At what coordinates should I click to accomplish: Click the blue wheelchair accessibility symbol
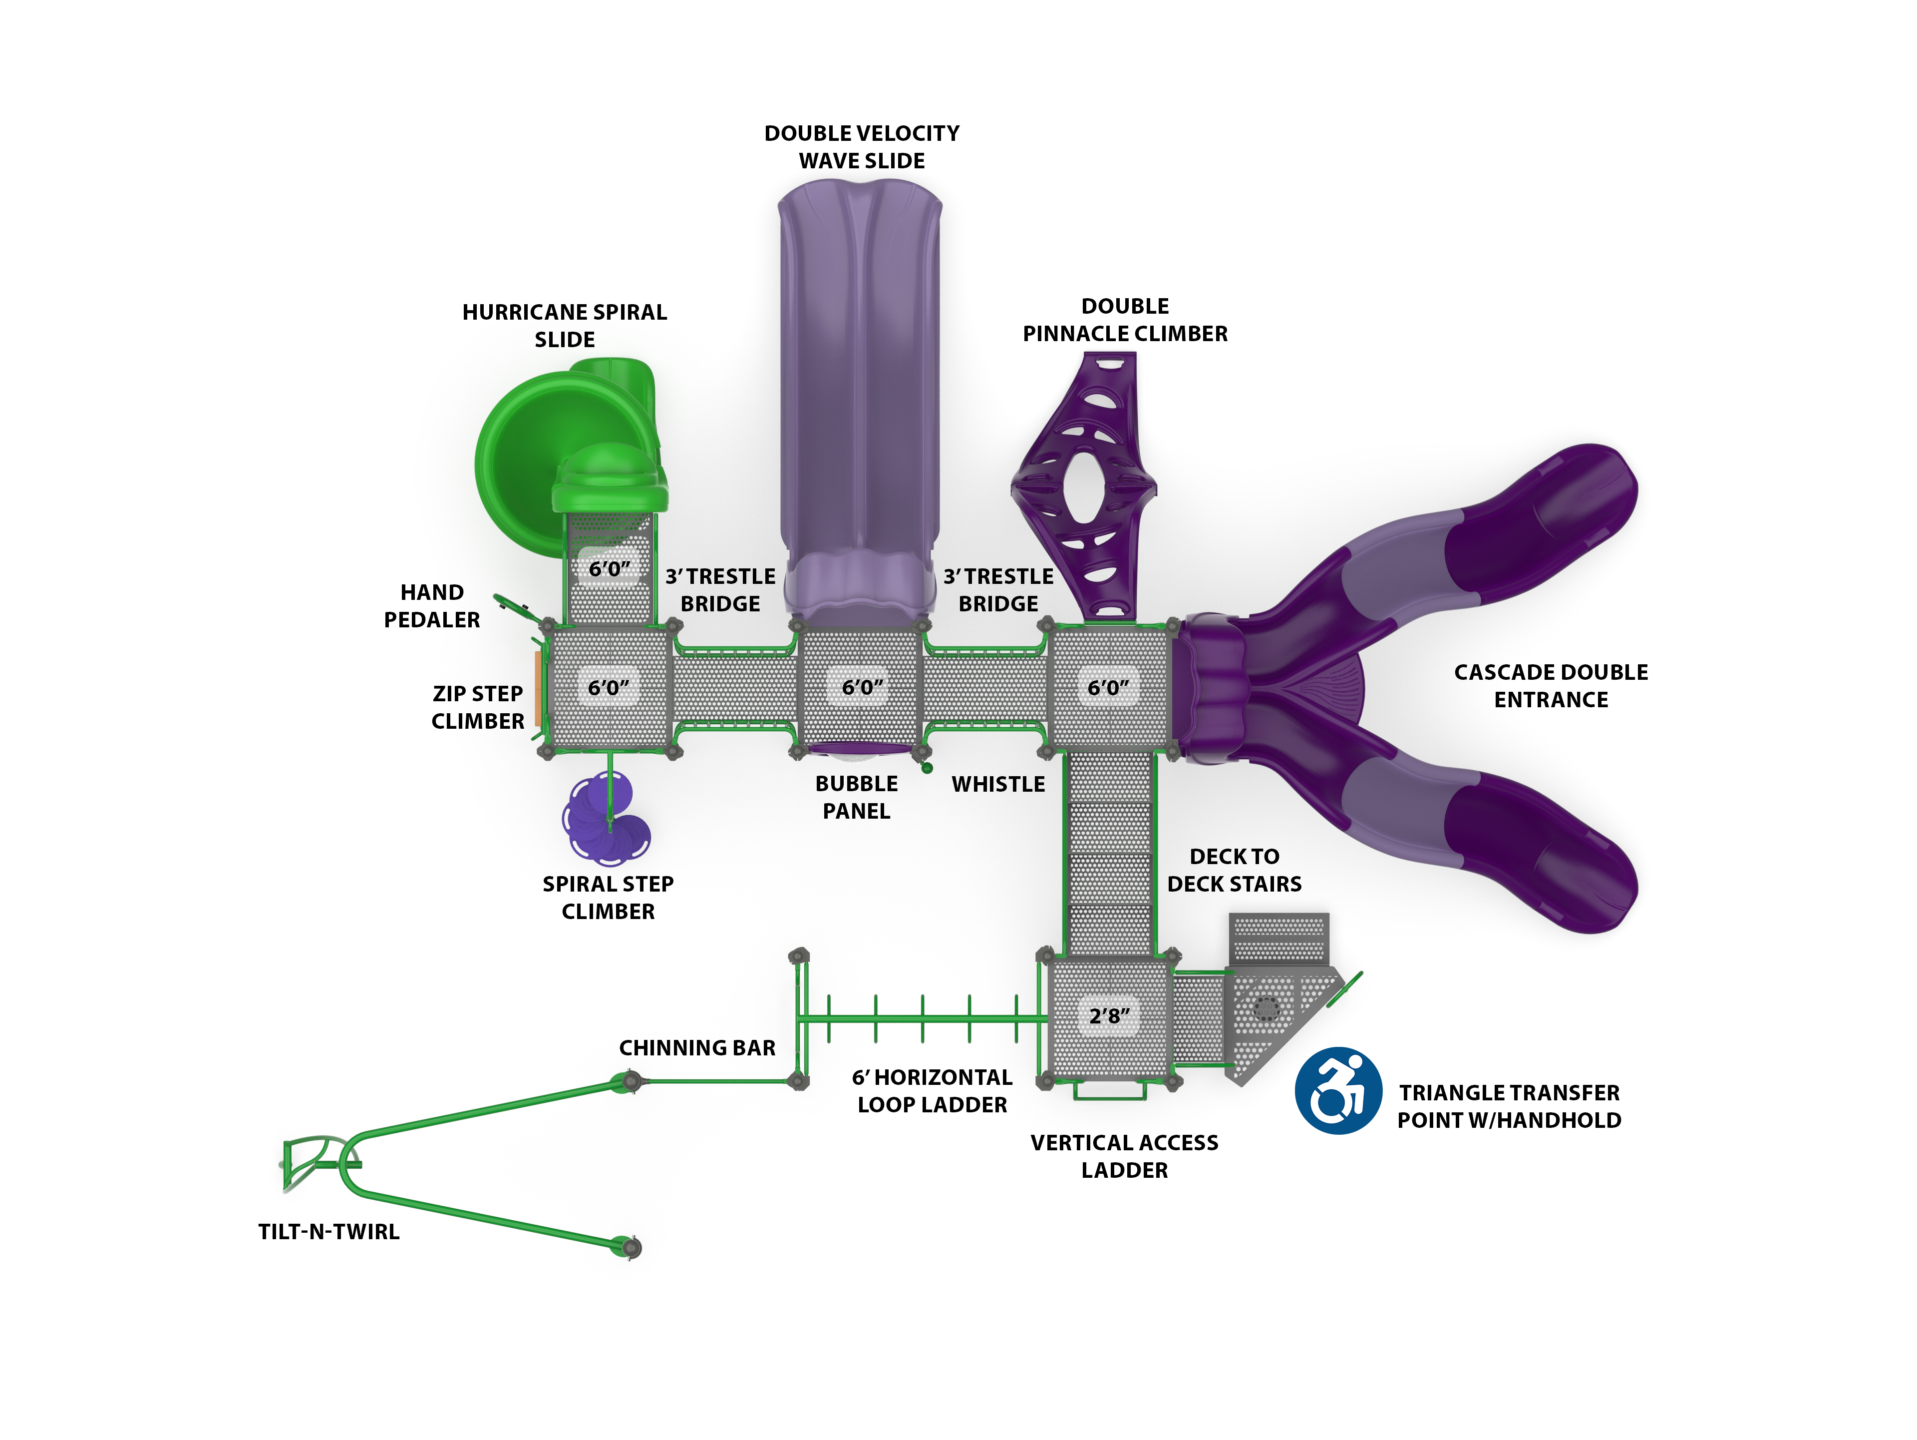pyautogui.click(x=1337, y=1091)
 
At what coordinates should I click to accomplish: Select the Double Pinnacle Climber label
pyautogui.click(x=1125, y=320)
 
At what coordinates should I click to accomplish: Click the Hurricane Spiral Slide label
pyautogui.click(x=564, y=325)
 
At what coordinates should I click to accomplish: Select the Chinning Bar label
pyautogui.click(x=697, y=1047)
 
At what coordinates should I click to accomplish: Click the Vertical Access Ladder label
pyautogui.click(x=1124, y=1156)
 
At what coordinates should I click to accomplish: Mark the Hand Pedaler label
pyautogui.click(x=432, y=605)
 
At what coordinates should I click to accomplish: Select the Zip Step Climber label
pyautogui.click(x=478, y=707)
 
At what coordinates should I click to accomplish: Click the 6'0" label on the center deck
pyautogui.click(x=862, y=687)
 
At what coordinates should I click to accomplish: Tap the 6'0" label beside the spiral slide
pyautogui.click(x=609, y=569)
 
